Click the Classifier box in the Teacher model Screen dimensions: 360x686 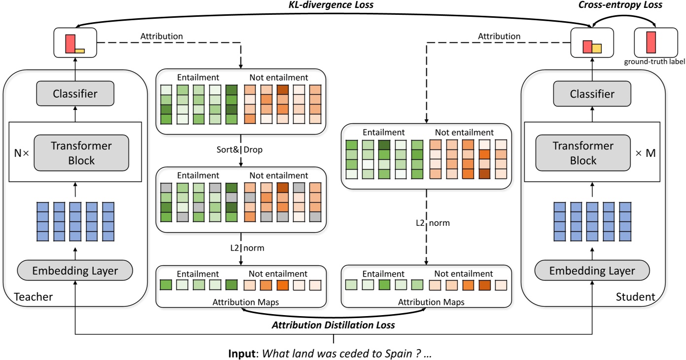pos(75,93)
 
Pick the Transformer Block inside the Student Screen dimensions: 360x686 pos(583,153)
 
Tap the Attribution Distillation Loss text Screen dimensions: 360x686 pos(334,325)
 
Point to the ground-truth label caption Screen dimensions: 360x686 pos(654,62)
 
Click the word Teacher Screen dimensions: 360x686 pos(34,297)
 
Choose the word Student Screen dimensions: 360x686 pos(635,297)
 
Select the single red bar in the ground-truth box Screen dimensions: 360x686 pos(652,42)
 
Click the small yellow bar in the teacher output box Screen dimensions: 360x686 pos(79,50)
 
